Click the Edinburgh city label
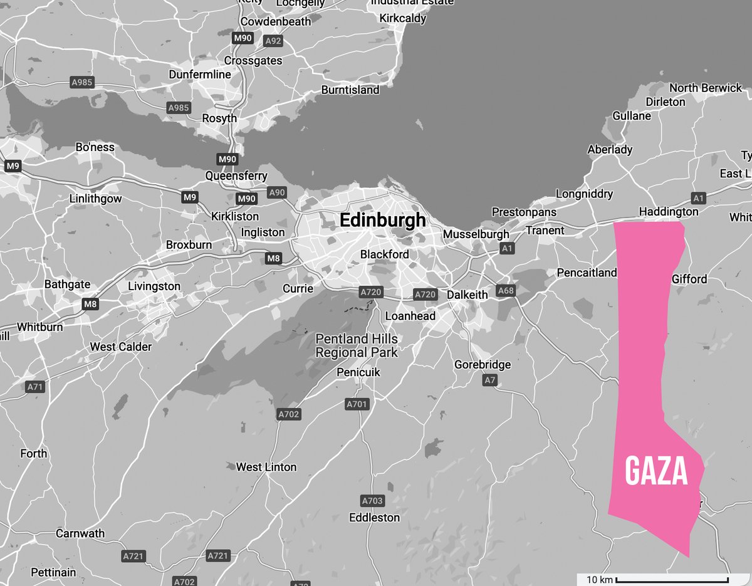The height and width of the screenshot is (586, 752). [382, 221]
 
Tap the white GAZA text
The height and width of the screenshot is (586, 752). [656, 471]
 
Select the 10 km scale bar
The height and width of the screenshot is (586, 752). [672, 579]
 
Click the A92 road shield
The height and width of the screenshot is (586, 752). [273, 41]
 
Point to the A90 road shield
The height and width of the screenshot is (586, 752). [276, 192]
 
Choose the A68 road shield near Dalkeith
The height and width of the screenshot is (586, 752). [505, 290]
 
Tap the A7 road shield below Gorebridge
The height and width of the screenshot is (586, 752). [490, 380]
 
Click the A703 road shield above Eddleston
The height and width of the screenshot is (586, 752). [372, 501]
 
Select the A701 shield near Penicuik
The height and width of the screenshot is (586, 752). [357, 404]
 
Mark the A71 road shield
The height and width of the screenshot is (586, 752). [35, 387]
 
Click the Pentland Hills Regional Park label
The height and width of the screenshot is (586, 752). [356, 346]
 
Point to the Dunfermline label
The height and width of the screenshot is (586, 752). [200, 75]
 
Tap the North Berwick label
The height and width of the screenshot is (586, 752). [705, 88]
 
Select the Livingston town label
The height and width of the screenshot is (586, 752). [154, 286]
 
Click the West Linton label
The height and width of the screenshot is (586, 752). [266, 467]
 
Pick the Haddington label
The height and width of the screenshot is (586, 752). [668, 212]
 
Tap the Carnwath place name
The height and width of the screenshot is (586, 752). [80, 533]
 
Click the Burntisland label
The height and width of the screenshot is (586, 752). [350, 90]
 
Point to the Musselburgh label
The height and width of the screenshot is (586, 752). [476, 234]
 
